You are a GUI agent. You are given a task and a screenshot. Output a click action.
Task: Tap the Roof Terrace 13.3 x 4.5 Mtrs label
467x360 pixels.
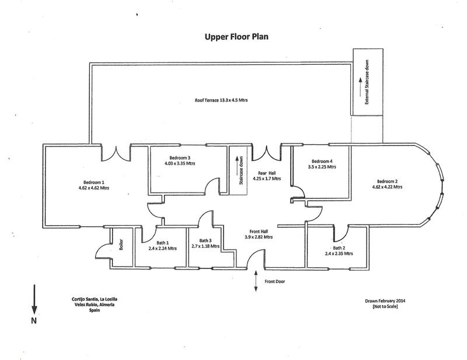[221, 100]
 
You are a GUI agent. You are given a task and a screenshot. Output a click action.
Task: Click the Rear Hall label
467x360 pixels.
[267, 174]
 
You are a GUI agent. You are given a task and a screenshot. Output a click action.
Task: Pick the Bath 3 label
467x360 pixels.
[205, 240]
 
